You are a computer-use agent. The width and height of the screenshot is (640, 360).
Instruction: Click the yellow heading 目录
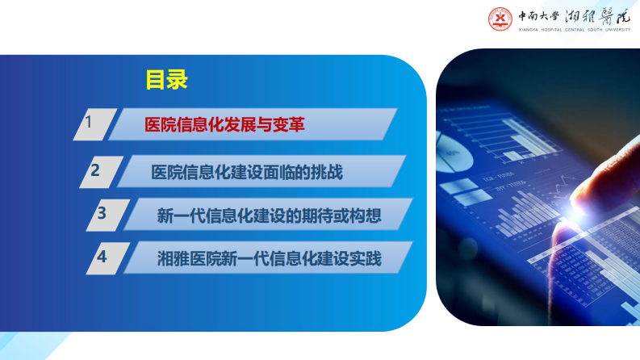(x=166, y=79)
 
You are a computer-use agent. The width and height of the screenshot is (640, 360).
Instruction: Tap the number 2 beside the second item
(x=95, y=170)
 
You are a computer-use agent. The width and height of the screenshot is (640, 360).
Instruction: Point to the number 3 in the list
(x=102, y=214)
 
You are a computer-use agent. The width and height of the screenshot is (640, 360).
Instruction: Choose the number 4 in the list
(x=102, y=257)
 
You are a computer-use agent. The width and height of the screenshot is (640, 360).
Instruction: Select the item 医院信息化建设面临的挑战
(x=247, y=172)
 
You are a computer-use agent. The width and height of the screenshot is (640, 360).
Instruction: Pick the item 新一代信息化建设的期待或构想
(x=269, y=216)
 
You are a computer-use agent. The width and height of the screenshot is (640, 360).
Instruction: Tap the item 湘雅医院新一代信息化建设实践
(x=269, y=259)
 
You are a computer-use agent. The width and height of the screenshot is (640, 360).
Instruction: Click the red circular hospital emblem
(x=500, y=19)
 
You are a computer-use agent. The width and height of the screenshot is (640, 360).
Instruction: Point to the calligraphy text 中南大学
(x=539, y=15)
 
